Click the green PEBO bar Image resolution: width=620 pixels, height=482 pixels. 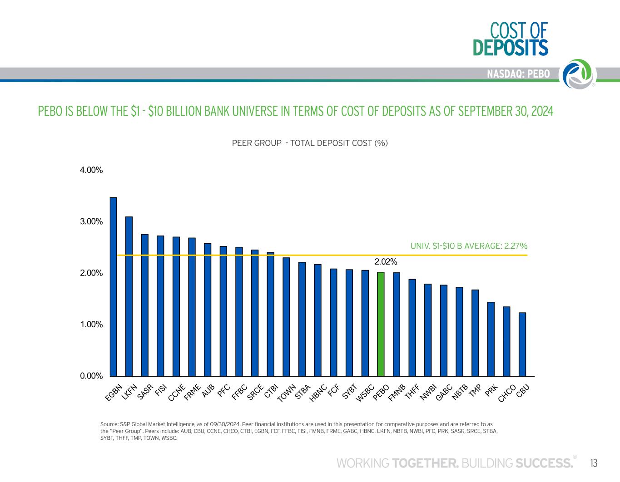[x=381, y=324]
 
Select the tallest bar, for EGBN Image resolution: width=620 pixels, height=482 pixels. [x=114, y=287]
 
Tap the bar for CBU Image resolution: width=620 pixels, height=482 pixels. [x=522, y=344]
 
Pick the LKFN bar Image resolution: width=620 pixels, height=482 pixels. [x=129, y=296]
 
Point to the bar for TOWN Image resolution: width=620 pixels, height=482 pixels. [x=286, y=317]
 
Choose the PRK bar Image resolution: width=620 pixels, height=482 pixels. [x=491, y=339]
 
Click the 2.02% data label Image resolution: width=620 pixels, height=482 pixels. [x=386, y=262]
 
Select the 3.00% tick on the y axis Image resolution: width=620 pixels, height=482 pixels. [x=91, y=221]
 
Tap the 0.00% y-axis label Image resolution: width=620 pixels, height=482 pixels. [x=91, y=376]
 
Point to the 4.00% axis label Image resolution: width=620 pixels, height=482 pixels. [x=91, y=170]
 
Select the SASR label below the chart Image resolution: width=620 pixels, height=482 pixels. [x=145, y=392]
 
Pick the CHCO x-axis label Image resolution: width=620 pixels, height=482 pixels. [x=507, y=393]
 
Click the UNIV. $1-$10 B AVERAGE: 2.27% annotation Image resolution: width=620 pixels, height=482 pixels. [x=469, y=246]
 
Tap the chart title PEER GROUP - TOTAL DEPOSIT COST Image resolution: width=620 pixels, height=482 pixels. [x=310, y=143]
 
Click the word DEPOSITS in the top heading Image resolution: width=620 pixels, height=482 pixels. [x=511, y=48]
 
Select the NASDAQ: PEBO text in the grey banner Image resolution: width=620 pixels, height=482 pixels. [x=518, y=74]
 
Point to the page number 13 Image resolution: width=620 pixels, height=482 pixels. [x=594, y=463]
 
